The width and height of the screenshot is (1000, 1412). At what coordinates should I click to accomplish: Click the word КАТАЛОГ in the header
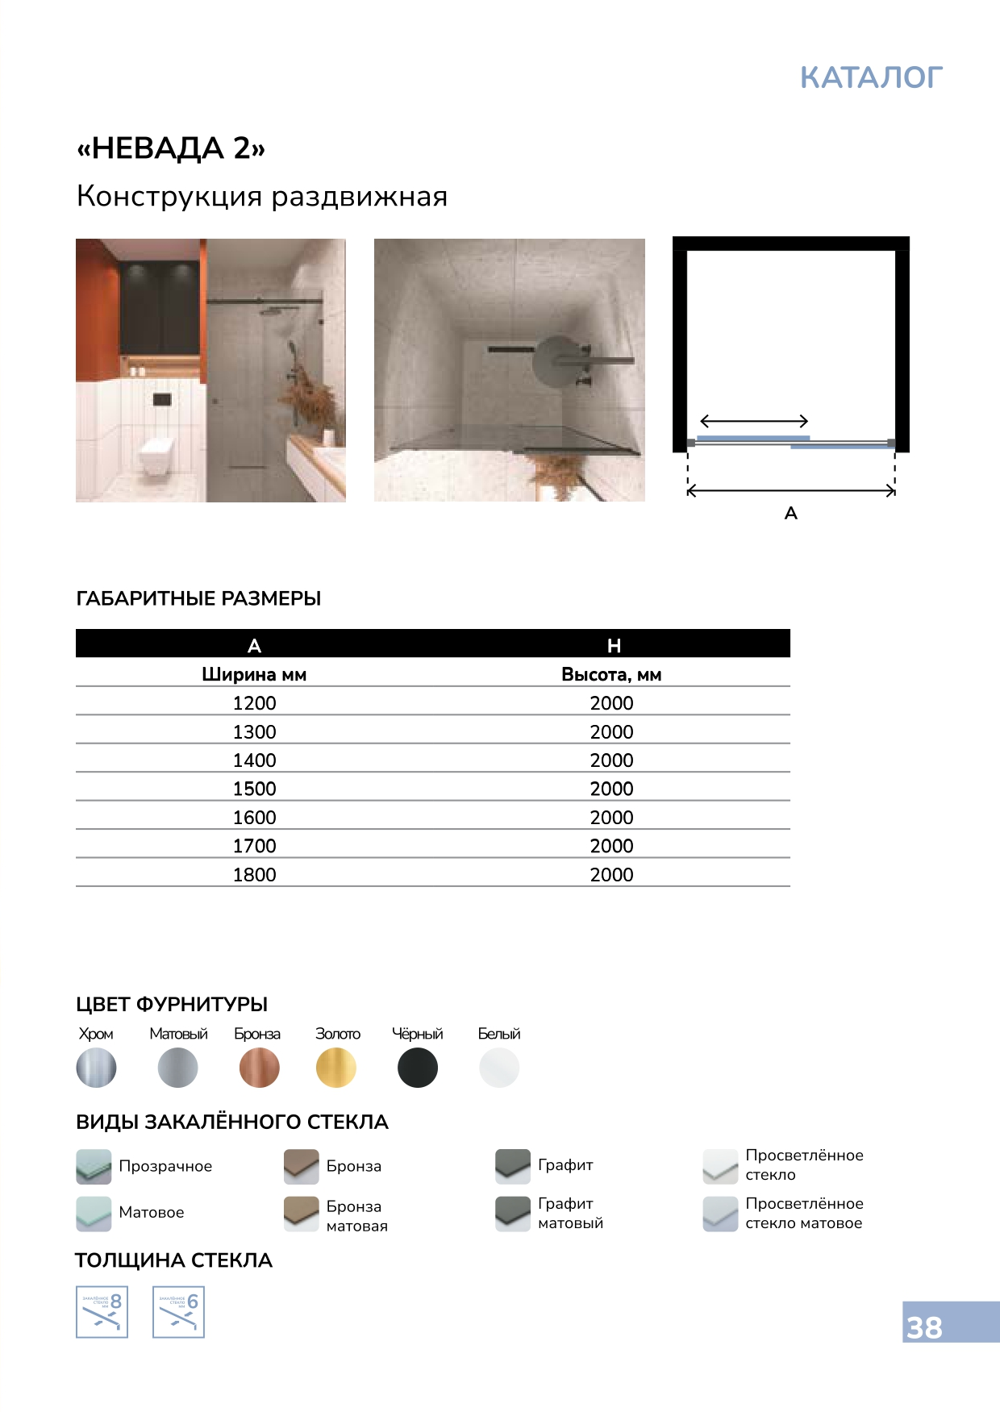[x=871, y=77]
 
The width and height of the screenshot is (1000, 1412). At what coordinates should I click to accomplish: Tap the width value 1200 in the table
[x=254, y=703]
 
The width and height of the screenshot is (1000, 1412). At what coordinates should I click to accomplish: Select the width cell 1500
[x=254, y=789]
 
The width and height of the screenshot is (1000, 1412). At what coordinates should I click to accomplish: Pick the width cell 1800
[x=254, y=875]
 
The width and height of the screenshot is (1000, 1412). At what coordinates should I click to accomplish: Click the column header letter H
[x=614, y=645]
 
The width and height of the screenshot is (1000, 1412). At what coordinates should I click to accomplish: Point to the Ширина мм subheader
[x=254, y=674]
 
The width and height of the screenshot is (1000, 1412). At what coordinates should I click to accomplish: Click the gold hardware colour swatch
[x=336, y=1068]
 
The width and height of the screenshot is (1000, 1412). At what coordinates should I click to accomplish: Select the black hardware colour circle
[x=418, y=1068]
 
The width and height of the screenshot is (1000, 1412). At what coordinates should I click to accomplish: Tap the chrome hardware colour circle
[x=96, y=1068]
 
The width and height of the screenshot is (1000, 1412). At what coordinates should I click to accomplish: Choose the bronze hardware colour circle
[x=260, y=1068]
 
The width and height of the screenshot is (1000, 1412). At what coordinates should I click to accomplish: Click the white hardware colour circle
[x=499, y=1068]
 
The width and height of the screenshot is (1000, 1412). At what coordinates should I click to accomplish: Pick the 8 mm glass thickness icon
[x=102, y=1312]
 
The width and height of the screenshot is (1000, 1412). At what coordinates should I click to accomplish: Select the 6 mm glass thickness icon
[x=178, y=1312]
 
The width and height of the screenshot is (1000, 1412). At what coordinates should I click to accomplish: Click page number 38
[x=924, y=1327]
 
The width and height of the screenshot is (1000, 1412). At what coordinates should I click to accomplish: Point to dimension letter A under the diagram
[x=790, y=513]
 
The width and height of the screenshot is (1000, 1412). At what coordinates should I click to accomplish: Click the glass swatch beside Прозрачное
[x=94, y=1166]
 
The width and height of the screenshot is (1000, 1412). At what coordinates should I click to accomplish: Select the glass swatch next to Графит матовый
[x=512, y=1213]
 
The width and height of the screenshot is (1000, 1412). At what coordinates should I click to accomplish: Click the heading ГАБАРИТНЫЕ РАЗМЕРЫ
[x=198, y=598]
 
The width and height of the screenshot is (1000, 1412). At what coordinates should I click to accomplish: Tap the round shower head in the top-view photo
[x=556, y=363]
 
